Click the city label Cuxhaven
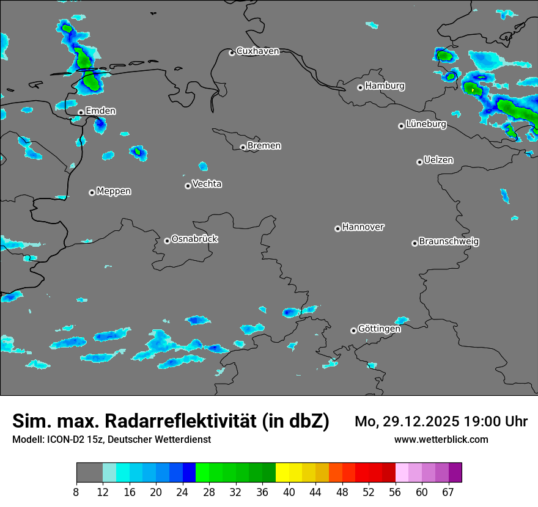tap(257, 51)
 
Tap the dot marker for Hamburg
tap(361, 87)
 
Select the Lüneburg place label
tap(426, 125)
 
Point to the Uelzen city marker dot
tap(419, 162)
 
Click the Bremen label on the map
tap(264, 146)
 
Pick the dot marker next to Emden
tap(81, 112)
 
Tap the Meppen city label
tap(114, 191)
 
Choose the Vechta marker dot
tap(188, 186)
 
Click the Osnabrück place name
tap(194, 239)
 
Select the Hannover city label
tap(363, 227)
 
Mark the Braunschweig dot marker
tap(415, 243)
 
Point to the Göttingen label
tap(379, 329)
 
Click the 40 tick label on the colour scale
tap(289, 492)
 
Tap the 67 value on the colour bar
tap(448, 492)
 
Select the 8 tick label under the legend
tap(76, 492)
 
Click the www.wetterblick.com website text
tap(441, 439)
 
